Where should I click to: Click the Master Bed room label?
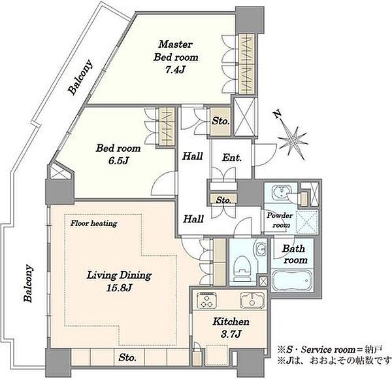pos(176,51)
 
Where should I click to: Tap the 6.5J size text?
pos(118,160)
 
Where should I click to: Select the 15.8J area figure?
pos(119,288)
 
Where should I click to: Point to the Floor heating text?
pos(93,223)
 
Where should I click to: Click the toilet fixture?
pos(242,269)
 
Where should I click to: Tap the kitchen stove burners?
pos(206,300)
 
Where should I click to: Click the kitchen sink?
pos(252,300)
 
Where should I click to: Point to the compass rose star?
pos(293,141)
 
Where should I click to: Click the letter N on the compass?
pos(277,115)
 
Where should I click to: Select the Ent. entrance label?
pos(232,158)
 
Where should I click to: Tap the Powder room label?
pos(280,220)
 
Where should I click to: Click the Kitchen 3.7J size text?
pos(231,334)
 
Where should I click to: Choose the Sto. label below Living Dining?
pos(127,357)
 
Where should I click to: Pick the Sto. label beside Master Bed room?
pos(221,121)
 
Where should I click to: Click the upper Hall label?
pos(192,156)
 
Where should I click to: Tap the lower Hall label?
pos(193,219)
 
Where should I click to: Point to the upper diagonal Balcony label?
pos(80,77)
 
